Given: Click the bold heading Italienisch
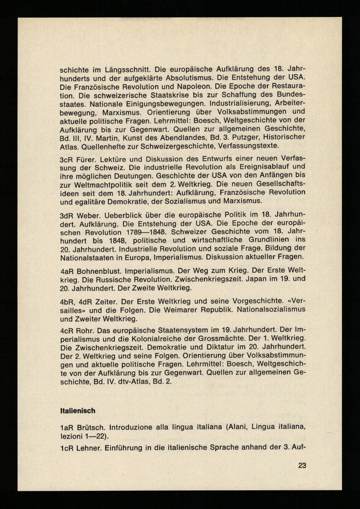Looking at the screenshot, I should click(77, 411).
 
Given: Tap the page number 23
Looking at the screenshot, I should click(302, 465).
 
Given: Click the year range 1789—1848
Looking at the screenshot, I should click(144, 232).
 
